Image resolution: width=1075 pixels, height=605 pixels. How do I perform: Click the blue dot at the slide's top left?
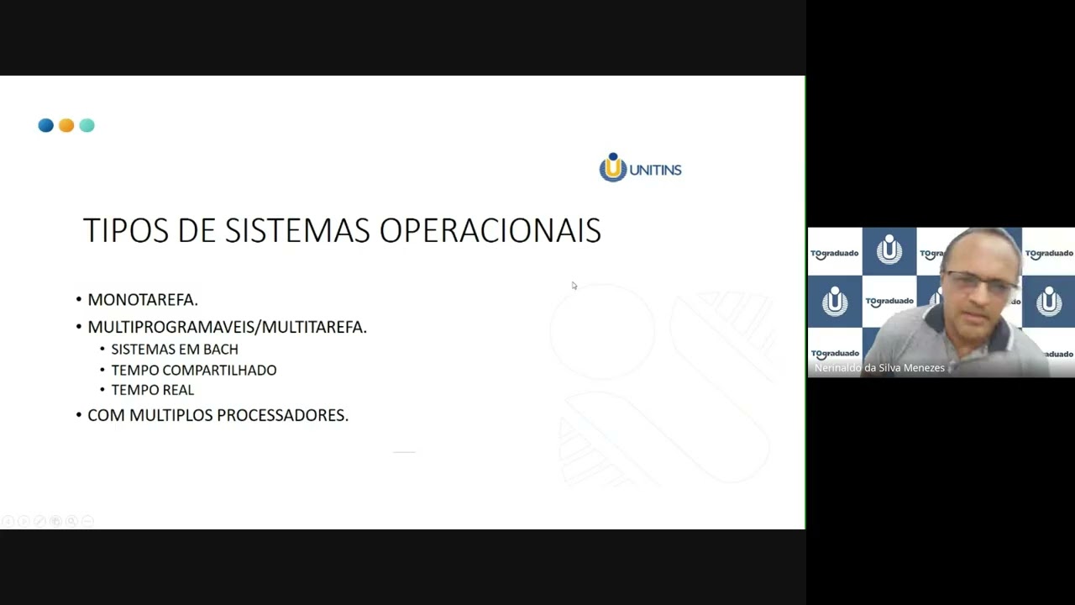(45, 125)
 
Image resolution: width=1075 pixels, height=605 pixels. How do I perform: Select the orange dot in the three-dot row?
(66, 125)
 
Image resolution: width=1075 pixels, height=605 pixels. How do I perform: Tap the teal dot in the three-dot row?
(87, 125)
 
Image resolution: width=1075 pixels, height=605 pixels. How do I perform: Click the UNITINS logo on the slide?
(640, 168)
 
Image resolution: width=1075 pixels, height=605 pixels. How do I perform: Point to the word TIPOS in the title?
(125, 230)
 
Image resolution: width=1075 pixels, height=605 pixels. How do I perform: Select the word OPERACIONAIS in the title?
(490, 230)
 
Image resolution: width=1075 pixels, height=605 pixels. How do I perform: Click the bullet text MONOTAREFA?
(142, 300)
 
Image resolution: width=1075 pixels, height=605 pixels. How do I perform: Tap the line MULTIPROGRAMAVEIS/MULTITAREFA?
(227, 327)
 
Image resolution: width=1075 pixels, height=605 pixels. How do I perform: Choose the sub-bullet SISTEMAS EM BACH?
(175, 350)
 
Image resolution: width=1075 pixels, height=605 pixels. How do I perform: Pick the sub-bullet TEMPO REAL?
(152, 390)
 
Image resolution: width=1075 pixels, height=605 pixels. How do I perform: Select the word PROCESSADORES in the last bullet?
(282, 415)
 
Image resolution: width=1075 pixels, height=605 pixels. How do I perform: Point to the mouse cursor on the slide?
(574, 286)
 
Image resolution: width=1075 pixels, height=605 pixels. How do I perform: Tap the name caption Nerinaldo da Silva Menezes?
(879, 368)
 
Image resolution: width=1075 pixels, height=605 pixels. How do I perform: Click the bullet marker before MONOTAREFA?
(79, 300)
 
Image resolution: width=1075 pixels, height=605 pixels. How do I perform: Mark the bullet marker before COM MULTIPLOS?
(79, 415)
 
